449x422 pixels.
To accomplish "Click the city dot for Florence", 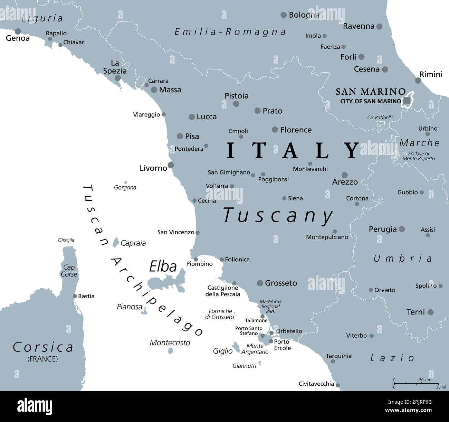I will [x=275, y=130].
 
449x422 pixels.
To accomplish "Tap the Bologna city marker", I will [x=284, y=15].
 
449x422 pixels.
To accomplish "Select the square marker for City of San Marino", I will [x=407, y=101].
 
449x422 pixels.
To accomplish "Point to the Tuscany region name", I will [x=278, y=215].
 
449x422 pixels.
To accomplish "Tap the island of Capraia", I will [x=116, y=242].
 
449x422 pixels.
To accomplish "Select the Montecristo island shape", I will [x=170, y=351].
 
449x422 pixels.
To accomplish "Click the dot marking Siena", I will [x=284, y=198].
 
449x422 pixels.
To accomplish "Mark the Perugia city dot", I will [x=401, y=229].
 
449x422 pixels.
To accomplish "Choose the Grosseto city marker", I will [x=260, y=283].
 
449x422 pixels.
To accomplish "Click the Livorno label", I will [x=153, y=168].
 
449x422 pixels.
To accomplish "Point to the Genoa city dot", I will [x=18, y=31].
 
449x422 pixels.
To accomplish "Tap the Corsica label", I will [x=43, y=347].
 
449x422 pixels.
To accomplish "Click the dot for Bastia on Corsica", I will [x=75, y=296].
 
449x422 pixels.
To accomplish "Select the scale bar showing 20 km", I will [x=416, y=383].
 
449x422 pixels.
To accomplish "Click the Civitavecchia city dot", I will [x=338, y=385].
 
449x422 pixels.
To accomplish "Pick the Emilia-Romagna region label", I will [x=230, y=32].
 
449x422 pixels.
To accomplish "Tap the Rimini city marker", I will [x=418, y=81].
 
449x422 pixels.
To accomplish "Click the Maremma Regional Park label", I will [x=270, y=307].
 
